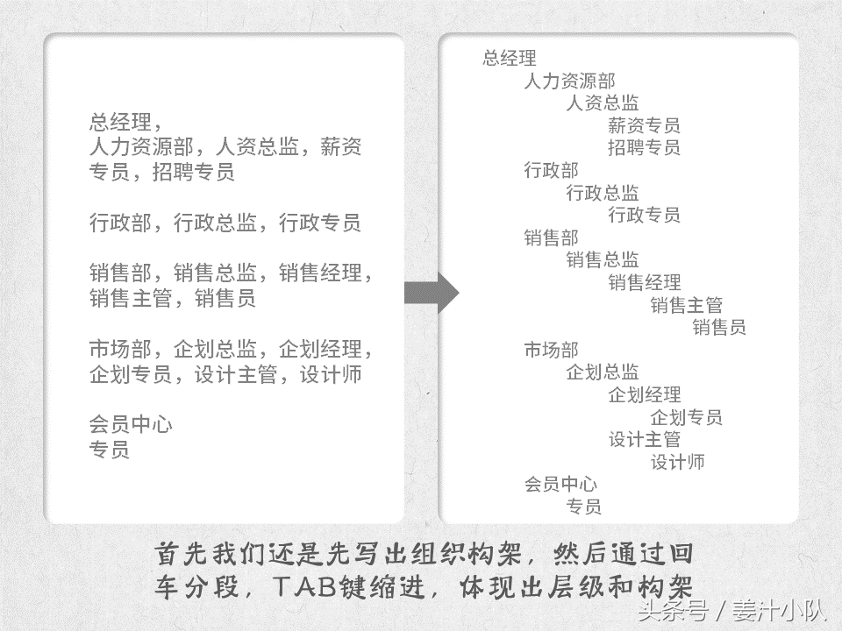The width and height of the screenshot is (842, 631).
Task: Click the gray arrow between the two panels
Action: coord(432,293)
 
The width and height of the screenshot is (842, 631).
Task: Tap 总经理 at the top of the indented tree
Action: coord(510,58)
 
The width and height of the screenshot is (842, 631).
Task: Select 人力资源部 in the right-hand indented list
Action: coord(570,81)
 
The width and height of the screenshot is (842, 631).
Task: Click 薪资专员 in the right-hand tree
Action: coord(644,125)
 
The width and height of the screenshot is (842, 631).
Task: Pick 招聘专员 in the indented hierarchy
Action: coord(644,147)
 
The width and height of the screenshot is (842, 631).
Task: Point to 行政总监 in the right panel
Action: coord(603,192)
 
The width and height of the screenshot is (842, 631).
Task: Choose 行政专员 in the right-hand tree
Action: coord(644,215)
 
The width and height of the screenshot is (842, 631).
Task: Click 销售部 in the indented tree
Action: coord(552,238)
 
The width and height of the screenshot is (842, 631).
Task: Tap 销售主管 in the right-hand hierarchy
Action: coord(686,305)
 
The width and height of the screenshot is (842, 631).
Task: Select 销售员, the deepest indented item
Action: coord(719,327)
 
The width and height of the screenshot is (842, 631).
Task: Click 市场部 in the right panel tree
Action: coord(552,350)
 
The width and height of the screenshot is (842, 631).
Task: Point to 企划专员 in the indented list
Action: coord(686,417)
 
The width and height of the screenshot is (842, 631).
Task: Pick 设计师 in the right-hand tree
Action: coord(678,462)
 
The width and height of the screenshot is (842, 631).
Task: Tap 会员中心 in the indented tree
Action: coord(560,484)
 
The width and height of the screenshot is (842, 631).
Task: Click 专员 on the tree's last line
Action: coord(584,506)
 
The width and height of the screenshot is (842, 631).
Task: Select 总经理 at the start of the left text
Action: coord(120,123)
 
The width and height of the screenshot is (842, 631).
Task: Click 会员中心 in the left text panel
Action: coord(131,424)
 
